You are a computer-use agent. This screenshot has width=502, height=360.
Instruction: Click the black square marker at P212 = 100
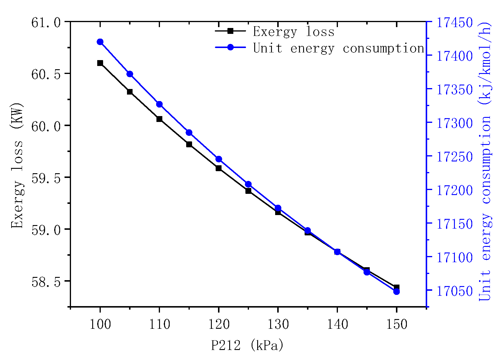click(100, 63)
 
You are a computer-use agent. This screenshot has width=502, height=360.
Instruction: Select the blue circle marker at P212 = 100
click(100, 42)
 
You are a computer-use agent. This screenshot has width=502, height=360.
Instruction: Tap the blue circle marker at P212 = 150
click(397, 292)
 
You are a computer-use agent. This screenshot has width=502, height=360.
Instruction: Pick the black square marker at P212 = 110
click(159, 119)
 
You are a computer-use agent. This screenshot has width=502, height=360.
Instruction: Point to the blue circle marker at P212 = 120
click(219, 159)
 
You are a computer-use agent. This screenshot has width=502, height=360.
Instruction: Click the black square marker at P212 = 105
click(130, 92)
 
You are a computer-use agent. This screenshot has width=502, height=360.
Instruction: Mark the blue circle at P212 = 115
click(189, 133)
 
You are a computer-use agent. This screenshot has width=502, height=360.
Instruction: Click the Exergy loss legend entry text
click(294, 32)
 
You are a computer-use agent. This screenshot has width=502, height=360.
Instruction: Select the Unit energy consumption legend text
click(338, 48)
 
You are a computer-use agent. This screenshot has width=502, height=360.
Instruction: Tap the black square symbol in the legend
click(230, 31)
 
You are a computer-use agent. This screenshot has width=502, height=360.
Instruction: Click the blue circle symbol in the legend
click(230, 47)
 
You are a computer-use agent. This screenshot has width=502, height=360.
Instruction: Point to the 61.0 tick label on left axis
click(46, 22)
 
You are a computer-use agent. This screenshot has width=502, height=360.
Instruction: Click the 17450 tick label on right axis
click(454, 22)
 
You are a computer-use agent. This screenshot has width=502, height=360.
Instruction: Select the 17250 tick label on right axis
click(454, 157)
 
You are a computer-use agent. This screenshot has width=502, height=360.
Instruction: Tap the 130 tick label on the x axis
click(278, 324)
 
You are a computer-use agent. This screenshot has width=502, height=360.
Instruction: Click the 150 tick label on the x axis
click(397, 324)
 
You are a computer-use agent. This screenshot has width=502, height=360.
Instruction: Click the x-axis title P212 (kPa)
click(247, 345)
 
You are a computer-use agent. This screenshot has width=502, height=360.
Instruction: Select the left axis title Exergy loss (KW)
click(17, 165)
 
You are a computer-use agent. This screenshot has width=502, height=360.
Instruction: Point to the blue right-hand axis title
click(485, 161)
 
